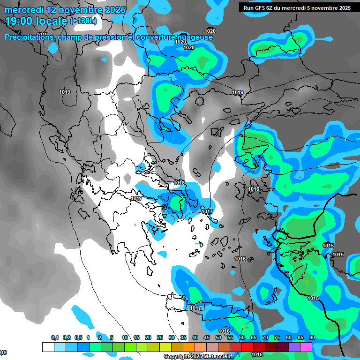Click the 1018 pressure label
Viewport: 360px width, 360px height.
tap(179, 183)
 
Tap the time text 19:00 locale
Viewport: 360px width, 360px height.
tap(36, 21)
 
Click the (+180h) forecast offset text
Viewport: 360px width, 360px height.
tap(83, 21)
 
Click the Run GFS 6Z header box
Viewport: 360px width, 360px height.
tap(295, 7)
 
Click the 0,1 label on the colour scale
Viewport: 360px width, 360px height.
tap(55, 337)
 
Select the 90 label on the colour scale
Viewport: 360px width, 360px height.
tap(312, 337)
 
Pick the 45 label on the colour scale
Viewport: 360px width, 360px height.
tap(207, 337)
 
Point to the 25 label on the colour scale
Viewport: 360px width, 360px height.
tap(160, 337)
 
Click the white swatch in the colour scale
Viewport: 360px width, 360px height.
tap(48, 347)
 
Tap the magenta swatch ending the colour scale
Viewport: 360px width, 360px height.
tap(306, 347)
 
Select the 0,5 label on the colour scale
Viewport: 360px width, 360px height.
tap(78, 337)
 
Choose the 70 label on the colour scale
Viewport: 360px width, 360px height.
tap(265, 337)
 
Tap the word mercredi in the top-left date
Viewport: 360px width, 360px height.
tap(24, 10)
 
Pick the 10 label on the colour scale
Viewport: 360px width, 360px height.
tap(125, 337)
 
